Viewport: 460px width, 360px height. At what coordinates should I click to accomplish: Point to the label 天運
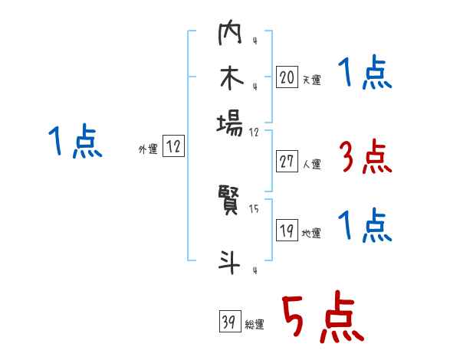[x=311, y=80]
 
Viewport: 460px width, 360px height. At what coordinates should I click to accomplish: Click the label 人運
[x=311, y=164]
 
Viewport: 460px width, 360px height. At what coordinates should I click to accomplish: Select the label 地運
[x=311, y=234]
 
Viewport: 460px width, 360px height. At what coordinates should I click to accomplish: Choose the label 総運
[x=255, y=325]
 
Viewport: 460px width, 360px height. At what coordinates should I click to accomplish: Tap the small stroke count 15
[x=255, y=208]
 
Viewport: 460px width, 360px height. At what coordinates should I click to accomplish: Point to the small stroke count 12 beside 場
[x=255, y=131]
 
